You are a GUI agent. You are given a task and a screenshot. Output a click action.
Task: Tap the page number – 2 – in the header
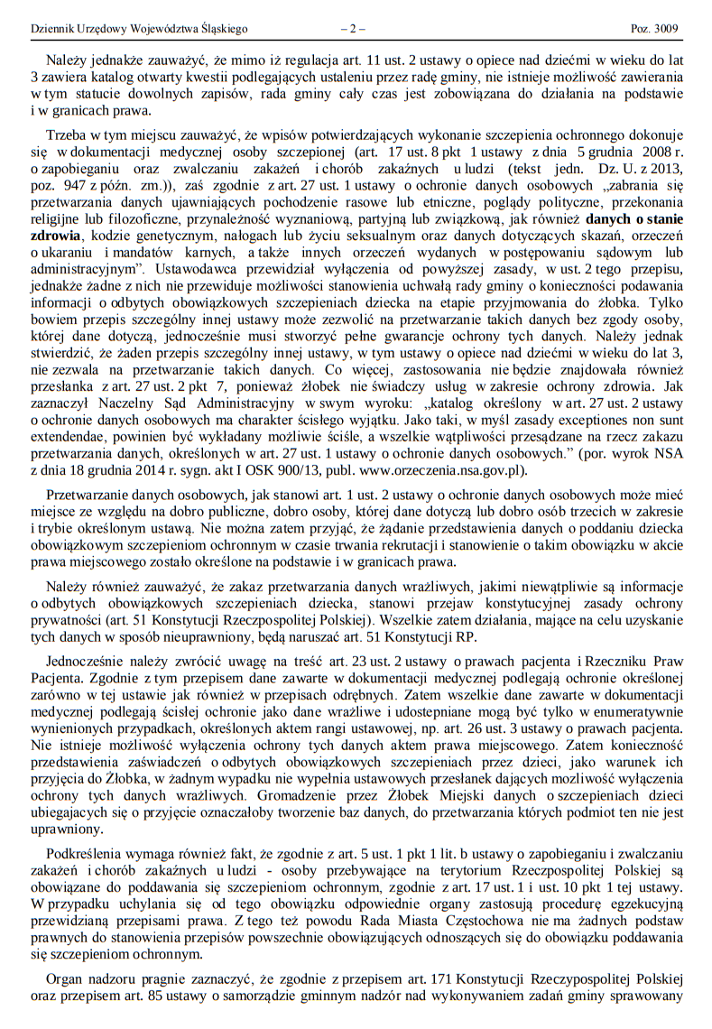click(x=352, y=29)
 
